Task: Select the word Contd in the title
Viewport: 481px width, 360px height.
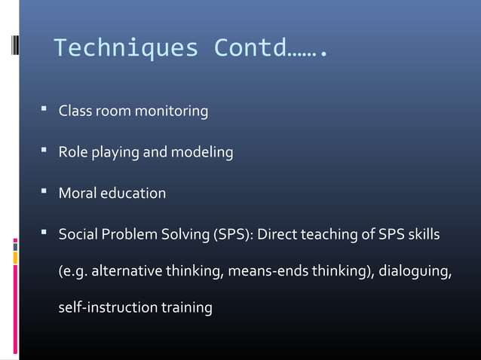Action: coord(250,50)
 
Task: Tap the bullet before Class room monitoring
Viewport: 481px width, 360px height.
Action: coord(46,111)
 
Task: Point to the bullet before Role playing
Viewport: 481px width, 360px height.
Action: coord(46,151)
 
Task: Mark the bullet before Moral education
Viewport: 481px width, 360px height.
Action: coord(46,192)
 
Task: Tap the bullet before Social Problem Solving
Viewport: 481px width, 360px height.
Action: coord(46,233)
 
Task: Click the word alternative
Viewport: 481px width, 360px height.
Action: coord(123,272)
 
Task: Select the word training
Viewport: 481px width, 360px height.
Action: coord(185,309)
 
